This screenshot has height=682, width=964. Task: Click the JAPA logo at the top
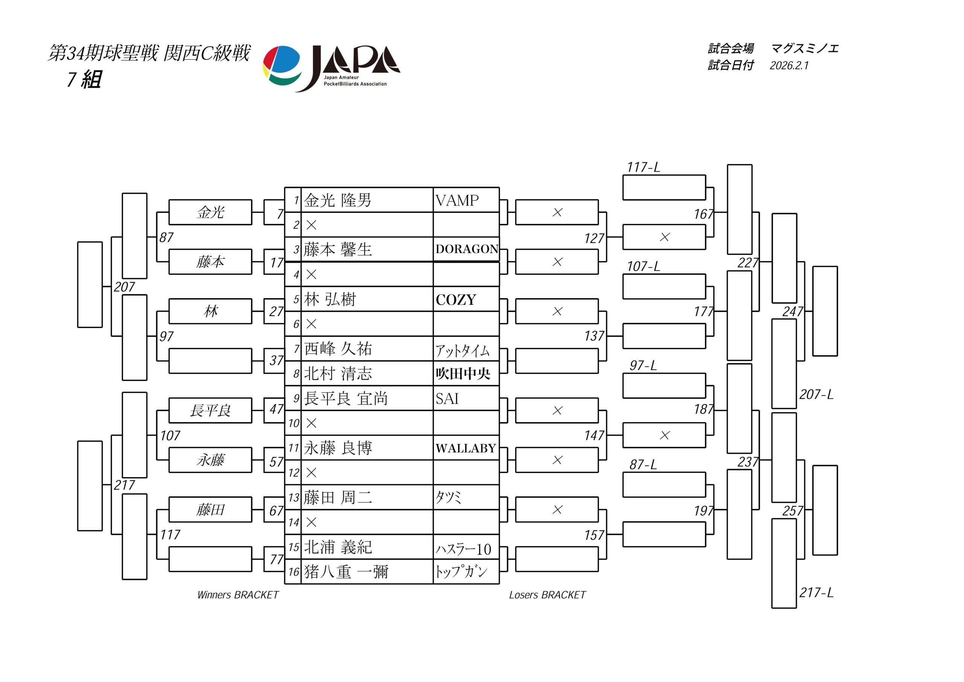(331, 68)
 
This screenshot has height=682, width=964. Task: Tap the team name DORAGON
(467, 249)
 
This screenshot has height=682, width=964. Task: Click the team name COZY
(456, 300)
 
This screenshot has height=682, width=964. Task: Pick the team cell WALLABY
(466, 448)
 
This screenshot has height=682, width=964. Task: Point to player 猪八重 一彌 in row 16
(346, 572)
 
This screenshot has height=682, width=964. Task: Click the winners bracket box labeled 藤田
(210, 510)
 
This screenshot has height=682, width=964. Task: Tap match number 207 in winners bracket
(124, 287)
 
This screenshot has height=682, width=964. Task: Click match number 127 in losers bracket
(594, 238)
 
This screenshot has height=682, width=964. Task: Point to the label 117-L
(643, 167)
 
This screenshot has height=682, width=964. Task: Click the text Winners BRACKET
(238, 595)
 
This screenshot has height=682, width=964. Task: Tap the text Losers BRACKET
(547, 595)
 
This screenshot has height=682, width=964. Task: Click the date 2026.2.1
(789, 66)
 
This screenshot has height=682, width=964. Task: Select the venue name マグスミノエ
(804, 49)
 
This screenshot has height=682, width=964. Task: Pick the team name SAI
(447, 398)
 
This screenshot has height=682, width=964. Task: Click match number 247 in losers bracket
(792, 311)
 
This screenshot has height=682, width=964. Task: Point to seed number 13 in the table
(293, 497)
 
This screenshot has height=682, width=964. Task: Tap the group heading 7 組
(84, 79)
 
